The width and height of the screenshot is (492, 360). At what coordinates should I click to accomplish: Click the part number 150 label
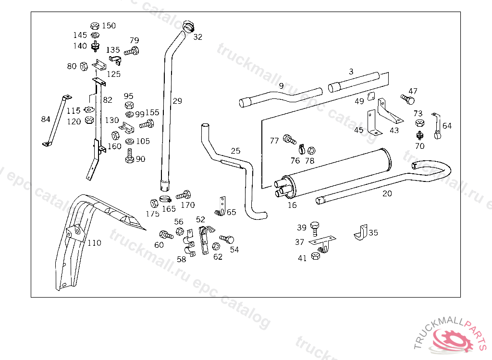109,25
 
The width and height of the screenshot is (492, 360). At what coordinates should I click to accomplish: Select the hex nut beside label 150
95,25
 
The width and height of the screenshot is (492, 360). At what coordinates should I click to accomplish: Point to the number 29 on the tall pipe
177,101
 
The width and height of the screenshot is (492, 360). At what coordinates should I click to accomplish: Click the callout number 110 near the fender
94,243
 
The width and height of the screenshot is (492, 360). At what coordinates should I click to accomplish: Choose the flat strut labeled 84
56,120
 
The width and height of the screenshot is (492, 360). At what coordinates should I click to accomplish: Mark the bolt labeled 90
129,156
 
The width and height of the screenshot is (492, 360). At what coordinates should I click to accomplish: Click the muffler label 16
292,205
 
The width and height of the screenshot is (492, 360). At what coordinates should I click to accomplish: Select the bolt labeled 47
407,99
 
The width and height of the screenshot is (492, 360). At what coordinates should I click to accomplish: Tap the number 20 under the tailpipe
387,194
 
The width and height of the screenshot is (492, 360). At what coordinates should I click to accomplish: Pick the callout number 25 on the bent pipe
235,151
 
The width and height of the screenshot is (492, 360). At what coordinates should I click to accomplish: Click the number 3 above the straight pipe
351,72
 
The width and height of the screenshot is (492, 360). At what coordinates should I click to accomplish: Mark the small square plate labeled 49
371,97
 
